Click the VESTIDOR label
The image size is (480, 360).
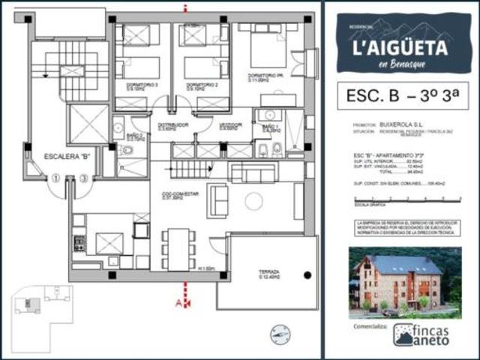click(230, 126)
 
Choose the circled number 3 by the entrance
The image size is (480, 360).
click(83, 178)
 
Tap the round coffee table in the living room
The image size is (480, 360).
click(254, 201)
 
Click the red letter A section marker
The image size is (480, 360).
click(178, 302)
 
